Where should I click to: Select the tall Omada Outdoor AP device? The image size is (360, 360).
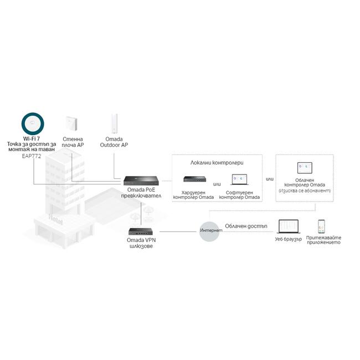tap(114, 124)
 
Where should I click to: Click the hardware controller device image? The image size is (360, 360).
tap(192, 179)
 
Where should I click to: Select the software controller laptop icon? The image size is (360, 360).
tap(240, 179)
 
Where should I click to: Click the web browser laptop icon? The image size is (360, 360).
tap(288, 227)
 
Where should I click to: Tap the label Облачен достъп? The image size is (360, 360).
tap(246, 226)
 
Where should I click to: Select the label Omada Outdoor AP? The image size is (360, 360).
tap(114, 142)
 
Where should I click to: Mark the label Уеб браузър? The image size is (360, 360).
tap(288, 239)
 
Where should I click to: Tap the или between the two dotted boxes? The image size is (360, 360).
tap(270, 179)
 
